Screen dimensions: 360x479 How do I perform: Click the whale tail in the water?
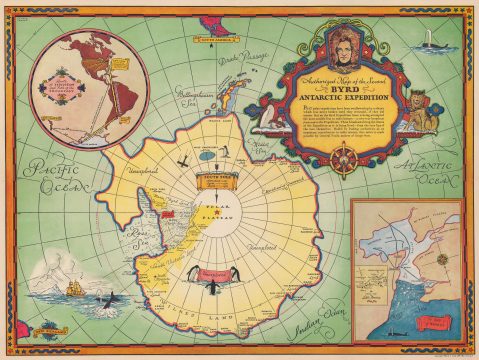tap(104, 297)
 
